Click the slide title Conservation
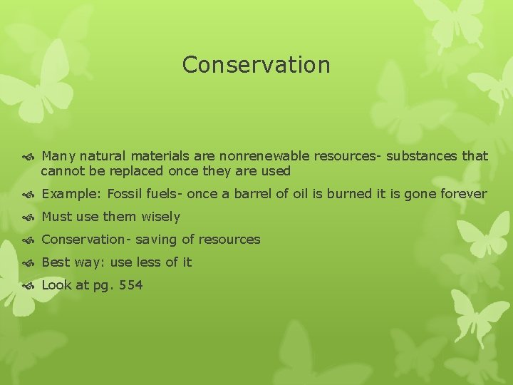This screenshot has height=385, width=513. click(256, 65)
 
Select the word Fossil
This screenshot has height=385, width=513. click(125, 194)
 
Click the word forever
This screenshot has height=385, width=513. click(463, 194)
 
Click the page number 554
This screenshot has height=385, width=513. click(132, 285)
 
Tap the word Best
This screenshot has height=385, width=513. click(56, 262)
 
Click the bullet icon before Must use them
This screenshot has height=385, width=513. click(29, 217)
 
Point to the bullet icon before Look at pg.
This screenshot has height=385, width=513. click(29, 286)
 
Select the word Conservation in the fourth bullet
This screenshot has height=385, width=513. click(83, 240)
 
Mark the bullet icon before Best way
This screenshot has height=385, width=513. click(29, 263)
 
